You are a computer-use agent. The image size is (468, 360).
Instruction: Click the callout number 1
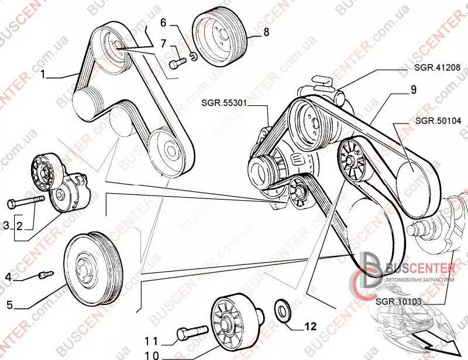pyautogui.click(x=43, y=74)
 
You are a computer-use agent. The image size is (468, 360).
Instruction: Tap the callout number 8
pyautogui.click(x=266, y=33)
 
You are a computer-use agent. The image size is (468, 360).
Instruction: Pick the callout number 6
pyautogui.click(x=163, y=23)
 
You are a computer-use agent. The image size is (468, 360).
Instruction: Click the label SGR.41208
pyautogui.click(x=439, y=68)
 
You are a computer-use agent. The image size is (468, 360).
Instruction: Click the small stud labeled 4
pyautogui.click(x=45, y=272)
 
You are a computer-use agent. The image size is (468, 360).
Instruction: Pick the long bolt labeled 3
pyautogui.click(x=26, y=202)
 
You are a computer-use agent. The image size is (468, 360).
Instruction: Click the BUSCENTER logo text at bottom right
pyautogui.click(x=418, y=269)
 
